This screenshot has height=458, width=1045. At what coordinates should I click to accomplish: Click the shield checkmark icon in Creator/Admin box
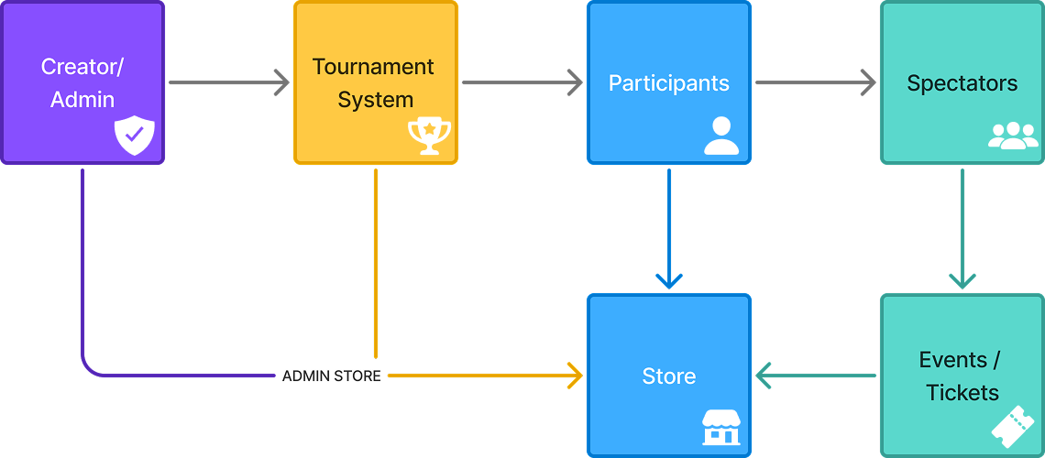coord(135,136)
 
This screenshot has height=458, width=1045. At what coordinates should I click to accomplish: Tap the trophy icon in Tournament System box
coord(429,136)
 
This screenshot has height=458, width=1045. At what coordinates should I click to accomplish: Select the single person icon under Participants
coord(721,136)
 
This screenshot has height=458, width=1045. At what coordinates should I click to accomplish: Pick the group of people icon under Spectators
coord(1013,136)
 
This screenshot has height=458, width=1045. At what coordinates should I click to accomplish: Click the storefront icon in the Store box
coord(720,428)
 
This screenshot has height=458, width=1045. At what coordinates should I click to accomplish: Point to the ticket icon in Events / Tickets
coord(1015,426)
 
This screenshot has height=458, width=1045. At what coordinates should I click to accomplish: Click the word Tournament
coord(373,67)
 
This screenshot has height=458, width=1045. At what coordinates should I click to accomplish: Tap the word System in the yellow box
coord(375,100)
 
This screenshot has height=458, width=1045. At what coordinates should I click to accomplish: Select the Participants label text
coord(668,83)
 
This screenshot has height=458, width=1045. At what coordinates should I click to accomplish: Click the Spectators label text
coord(962,83)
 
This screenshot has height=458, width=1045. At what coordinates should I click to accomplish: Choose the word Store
coord(668,376)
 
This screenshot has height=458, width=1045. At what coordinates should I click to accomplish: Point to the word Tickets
coord(962,393)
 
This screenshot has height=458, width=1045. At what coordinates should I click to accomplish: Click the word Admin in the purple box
coord(82,100)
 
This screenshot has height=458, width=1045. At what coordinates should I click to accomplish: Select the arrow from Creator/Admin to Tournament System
coord(228,82)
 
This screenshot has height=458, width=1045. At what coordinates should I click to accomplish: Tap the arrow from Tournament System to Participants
coord(522,82)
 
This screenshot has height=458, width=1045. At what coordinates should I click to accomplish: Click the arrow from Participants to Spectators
coord(815,82)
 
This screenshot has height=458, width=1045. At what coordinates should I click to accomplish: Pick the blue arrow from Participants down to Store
coord(669,229)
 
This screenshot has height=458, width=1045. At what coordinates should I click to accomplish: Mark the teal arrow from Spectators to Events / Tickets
coord(962,229)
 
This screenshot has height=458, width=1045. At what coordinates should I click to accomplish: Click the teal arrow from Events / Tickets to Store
coord(815,376)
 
